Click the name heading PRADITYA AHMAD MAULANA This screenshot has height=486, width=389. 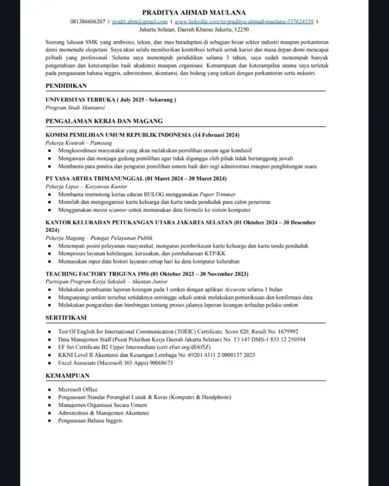point(194,12)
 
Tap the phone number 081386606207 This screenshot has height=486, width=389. point(88,22)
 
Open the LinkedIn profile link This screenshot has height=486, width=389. point(244,22)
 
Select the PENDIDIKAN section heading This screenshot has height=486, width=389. point(66,86)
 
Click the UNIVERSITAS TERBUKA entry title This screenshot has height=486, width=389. point(110,100)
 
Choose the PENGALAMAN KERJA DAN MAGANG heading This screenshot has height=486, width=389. point(104,121)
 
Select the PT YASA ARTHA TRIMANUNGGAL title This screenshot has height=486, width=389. point(136,178)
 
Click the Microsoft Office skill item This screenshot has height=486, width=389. point(78,390)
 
